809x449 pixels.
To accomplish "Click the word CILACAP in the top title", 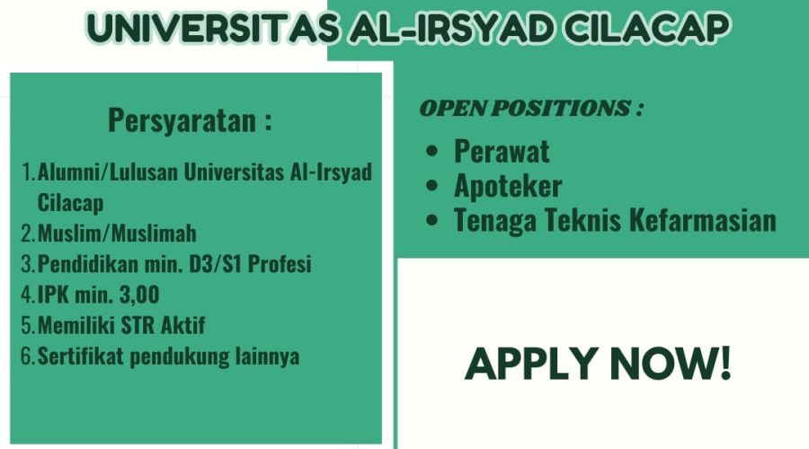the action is (646, 29).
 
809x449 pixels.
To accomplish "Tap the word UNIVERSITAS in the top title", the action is (212, 29).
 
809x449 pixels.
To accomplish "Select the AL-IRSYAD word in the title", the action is (451, 29).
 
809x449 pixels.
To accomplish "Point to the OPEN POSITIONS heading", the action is (531, 109).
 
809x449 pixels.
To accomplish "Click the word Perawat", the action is (502, 152).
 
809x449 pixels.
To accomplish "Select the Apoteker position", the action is (508, 186).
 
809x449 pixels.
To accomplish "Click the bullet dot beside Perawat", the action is (432, 152).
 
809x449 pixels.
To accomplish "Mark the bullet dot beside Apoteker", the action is (432, 186).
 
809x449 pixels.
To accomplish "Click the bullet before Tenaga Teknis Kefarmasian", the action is (432, 220).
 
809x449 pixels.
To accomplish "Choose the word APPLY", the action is (532, 364).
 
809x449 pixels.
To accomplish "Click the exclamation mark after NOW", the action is (725, 364).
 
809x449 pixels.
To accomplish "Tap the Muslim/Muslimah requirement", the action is (117, 233).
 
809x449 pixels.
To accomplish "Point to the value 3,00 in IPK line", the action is (139, 295).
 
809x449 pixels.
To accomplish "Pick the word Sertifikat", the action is (81, 357).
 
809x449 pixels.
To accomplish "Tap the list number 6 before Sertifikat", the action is (27, 357).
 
